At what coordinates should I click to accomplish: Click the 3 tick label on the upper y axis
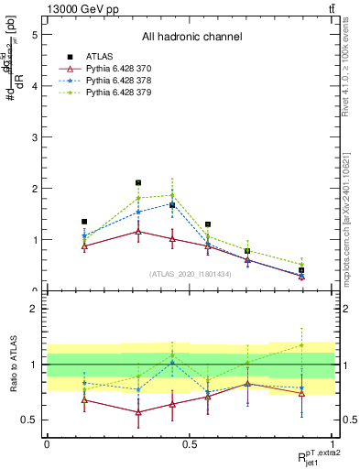(34, 137)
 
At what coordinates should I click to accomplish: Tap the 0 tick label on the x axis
(47, 443)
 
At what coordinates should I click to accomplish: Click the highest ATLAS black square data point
(138, 183)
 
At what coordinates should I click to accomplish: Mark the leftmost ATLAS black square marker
(84, 222)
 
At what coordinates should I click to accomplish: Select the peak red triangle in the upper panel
(138, 231)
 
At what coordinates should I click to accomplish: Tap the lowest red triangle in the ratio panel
(138, 412)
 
